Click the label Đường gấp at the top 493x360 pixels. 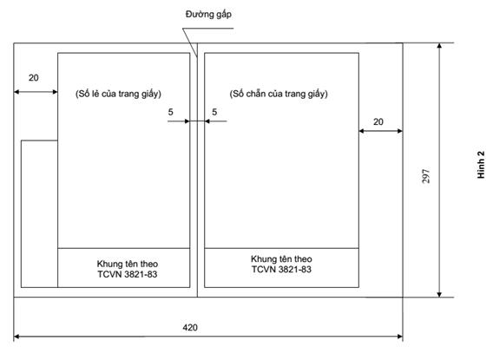(x=208, y=15)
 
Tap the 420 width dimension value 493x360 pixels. (x=190, y=328)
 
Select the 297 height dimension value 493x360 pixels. (x=425, y=176)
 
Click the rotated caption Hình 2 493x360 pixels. (x=481, y=165)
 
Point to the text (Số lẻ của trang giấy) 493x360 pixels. (x=118, y=94)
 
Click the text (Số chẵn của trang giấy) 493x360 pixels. (x=279, y=94)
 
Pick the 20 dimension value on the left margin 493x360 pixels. (x=34, y=78)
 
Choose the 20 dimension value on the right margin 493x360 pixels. (x=378, y=122)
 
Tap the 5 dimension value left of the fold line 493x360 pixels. (x=170, y=112)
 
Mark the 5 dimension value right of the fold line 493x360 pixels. (x=214, y=112)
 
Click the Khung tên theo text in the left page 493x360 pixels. (x=128, y=264)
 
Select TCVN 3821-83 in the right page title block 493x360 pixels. (x=281, y=270)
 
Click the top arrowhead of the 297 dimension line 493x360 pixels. (x=439, y=46)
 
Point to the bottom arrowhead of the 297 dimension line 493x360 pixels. (x=439, y=294)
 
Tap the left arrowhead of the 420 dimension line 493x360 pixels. (x=16, y=337)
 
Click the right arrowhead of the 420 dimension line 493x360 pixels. (x=400, y=337)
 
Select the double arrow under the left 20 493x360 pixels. (x=36, y=92)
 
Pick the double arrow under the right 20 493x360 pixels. (x=381, y=131)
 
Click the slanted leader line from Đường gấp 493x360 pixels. (x=190, y=43)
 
